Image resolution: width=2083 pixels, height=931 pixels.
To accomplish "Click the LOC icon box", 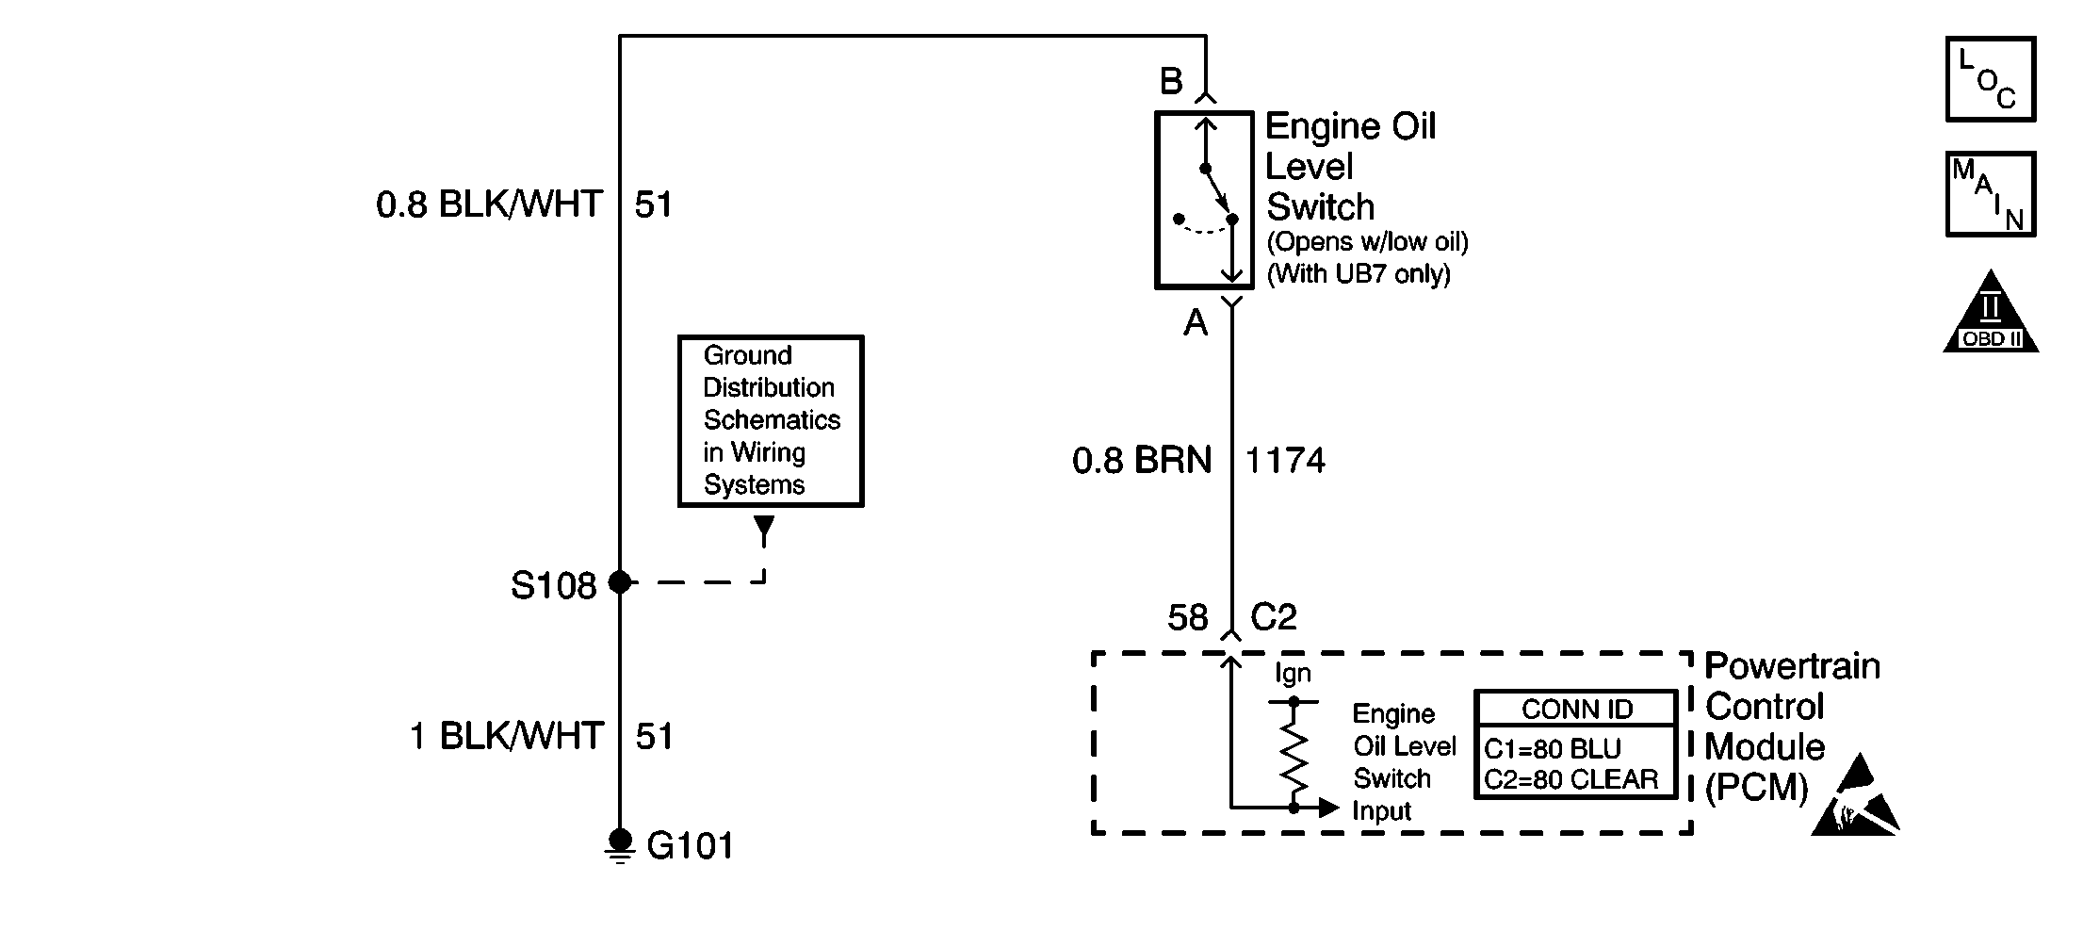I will click(1990, 79).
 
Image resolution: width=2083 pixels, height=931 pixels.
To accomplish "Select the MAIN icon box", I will click(1990, 194).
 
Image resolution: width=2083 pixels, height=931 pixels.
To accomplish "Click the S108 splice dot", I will click(620, 582).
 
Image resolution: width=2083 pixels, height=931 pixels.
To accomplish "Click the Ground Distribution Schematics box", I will click(771, 420).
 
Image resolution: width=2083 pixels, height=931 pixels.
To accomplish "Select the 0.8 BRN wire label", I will click(1142, 461).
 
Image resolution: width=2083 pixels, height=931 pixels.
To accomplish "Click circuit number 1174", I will click(1285, 461).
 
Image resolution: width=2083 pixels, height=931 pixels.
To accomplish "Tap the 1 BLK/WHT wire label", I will click(506, 736).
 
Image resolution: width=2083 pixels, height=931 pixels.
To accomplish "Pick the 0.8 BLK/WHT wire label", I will click(489, 204).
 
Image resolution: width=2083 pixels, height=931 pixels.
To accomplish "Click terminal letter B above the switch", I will click(1171, 82).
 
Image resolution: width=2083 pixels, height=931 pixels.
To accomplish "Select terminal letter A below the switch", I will click(1196, 324).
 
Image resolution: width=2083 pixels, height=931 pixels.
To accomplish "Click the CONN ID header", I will click(1577, 709).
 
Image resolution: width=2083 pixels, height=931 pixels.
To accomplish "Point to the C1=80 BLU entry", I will click(1553, 749).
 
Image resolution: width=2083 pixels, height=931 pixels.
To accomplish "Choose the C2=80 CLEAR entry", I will click(1571, 780).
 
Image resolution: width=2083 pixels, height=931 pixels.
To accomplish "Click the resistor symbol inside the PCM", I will click(1294, 754).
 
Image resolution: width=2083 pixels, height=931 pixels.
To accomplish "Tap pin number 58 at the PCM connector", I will click(1187, 618).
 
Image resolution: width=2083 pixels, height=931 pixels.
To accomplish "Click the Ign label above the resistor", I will click(1293, 674).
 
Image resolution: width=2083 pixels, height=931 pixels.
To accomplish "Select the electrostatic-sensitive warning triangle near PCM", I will click(1854, 799).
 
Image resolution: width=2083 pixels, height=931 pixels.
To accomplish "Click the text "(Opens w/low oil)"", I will click(1367, 242).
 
